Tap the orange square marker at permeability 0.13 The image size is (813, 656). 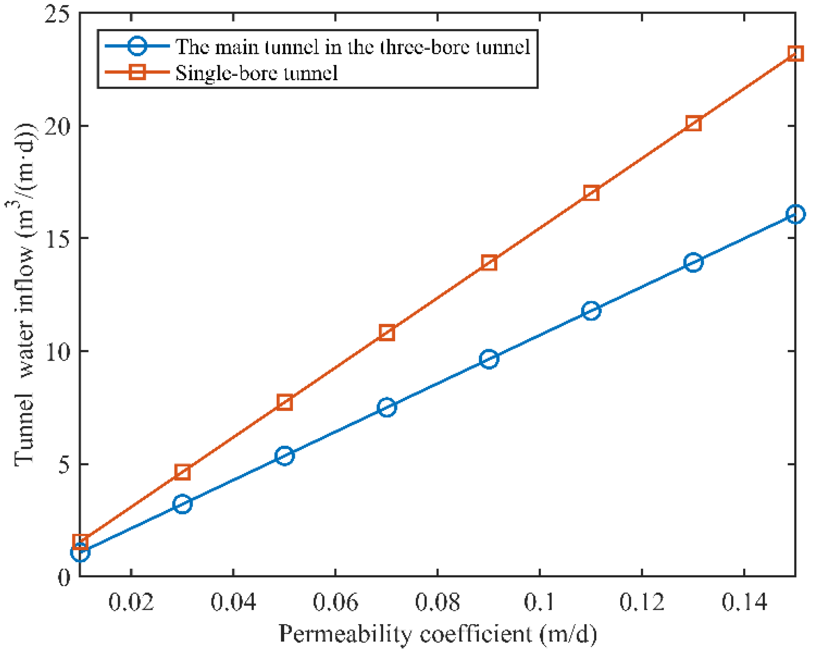pos(693,123)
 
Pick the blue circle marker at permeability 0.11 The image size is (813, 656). pos(591,310)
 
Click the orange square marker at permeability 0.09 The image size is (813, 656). pos(489,263)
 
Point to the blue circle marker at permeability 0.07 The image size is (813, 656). pos(387,407)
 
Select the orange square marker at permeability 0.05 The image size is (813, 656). pos(285,402)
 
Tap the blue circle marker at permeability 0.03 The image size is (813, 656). pos(182,504)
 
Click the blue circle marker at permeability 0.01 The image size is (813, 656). pos(80,553)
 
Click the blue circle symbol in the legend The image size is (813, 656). pos(137,46)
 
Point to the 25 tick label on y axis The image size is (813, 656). pos(57,15)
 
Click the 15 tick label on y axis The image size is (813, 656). pos(57,239)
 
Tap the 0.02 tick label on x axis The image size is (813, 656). pos(131,602)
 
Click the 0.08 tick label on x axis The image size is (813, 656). pos(437,602)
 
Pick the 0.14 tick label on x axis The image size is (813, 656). pos(744,602)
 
